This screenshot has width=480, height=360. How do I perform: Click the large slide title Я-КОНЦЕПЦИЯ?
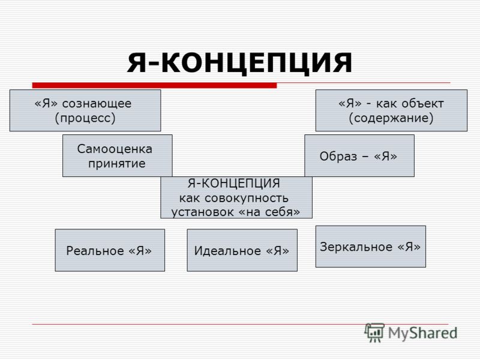[239, 63]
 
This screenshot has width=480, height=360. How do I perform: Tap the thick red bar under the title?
[154, 85]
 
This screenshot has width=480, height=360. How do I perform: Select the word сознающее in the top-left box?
[97, 103]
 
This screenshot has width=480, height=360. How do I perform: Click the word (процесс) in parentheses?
[85, 118]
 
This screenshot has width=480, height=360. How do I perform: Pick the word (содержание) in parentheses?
[391, 118]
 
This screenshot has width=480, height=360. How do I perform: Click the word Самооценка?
[115, 149]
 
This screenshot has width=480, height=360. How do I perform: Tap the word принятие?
[116, 163]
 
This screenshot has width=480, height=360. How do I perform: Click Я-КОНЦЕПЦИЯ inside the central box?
[233, 183]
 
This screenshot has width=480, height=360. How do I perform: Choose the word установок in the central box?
[202, 212]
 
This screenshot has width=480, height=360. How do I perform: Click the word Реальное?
[95, 251]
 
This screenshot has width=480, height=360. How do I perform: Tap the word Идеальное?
[227, 251]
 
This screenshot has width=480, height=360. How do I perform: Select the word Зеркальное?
[356, 247]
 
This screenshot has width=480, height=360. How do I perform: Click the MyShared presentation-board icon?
[374, 332]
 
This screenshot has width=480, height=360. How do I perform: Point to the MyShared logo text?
[423, 333]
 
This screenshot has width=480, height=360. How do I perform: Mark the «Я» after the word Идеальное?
[277, 251]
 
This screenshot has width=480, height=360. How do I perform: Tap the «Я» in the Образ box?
[385, 157]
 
